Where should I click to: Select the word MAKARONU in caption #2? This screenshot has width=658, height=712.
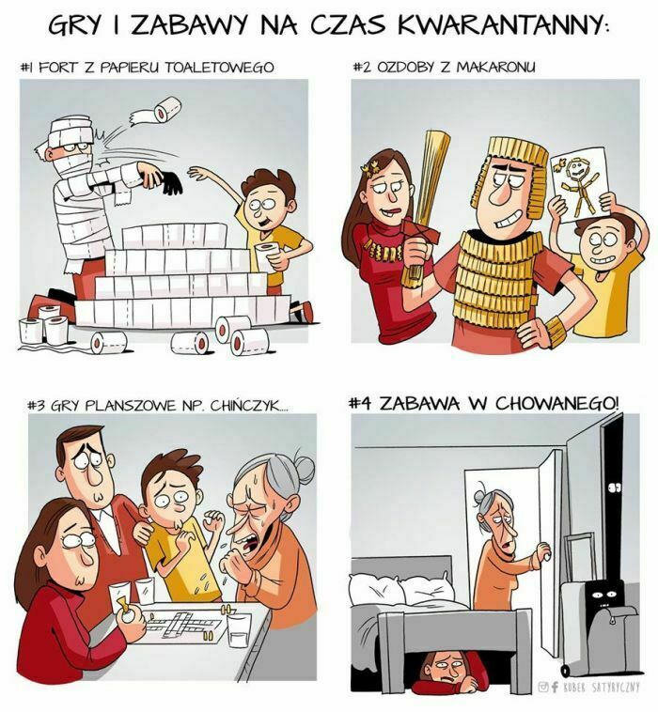click(495, 67)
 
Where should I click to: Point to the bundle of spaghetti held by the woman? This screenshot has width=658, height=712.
click(424, 205)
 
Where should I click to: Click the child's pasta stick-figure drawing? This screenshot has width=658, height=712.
click(580, 184)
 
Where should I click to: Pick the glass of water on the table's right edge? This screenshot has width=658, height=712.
click(239, 630)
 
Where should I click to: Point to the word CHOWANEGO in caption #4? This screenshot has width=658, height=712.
click(557, 403)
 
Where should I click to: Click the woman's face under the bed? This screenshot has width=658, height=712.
click(446, 669)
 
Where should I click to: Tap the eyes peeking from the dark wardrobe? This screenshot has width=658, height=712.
click(615, 488)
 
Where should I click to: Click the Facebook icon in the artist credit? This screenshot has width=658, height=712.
click(555, 687)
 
